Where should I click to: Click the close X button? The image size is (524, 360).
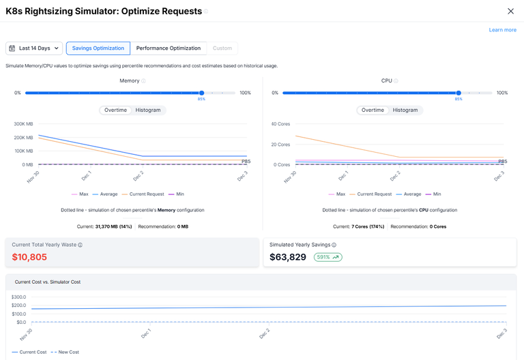point(511,11)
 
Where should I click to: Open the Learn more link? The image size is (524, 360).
point(502,30)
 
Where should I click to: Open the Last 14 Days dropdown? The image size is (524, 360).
point(34,48)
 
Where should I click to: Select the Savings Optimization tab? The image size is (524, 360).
point(98,48)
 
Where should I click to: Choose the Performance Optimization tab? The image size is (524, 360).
point(169,48)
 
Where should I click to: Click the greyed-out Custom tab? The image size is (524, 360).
point(222,48)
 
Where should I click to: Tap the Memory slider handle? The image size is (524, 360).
point(201,93)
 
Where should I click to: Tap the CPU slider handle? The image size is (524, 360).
point(458,93)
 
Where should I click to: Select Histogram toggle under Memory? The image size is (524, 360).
point(148,110)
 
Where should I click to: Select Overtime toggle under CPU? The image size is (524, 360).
point(373,110)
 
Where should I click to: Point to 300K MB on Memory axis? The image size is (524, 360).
point(23,124)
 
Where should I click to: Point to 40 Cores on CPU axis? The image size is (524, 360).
point(280,124)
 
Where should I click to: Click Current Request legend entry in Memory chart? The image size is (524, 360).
point(143,194)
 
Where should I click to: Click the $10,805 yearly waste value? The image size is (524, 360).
point(29,257)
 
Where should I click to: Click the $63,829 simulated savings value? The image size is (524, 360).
point(288,257)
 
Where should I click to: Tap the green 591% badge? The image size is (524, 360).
point(328,257)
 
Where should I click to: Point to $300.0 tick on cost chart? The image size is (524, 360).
point(18,297)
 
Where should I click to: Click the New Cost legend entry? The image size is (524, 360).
point(68,352)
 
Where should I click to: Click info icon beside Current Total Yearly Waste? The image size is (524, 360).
point(80,245)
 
